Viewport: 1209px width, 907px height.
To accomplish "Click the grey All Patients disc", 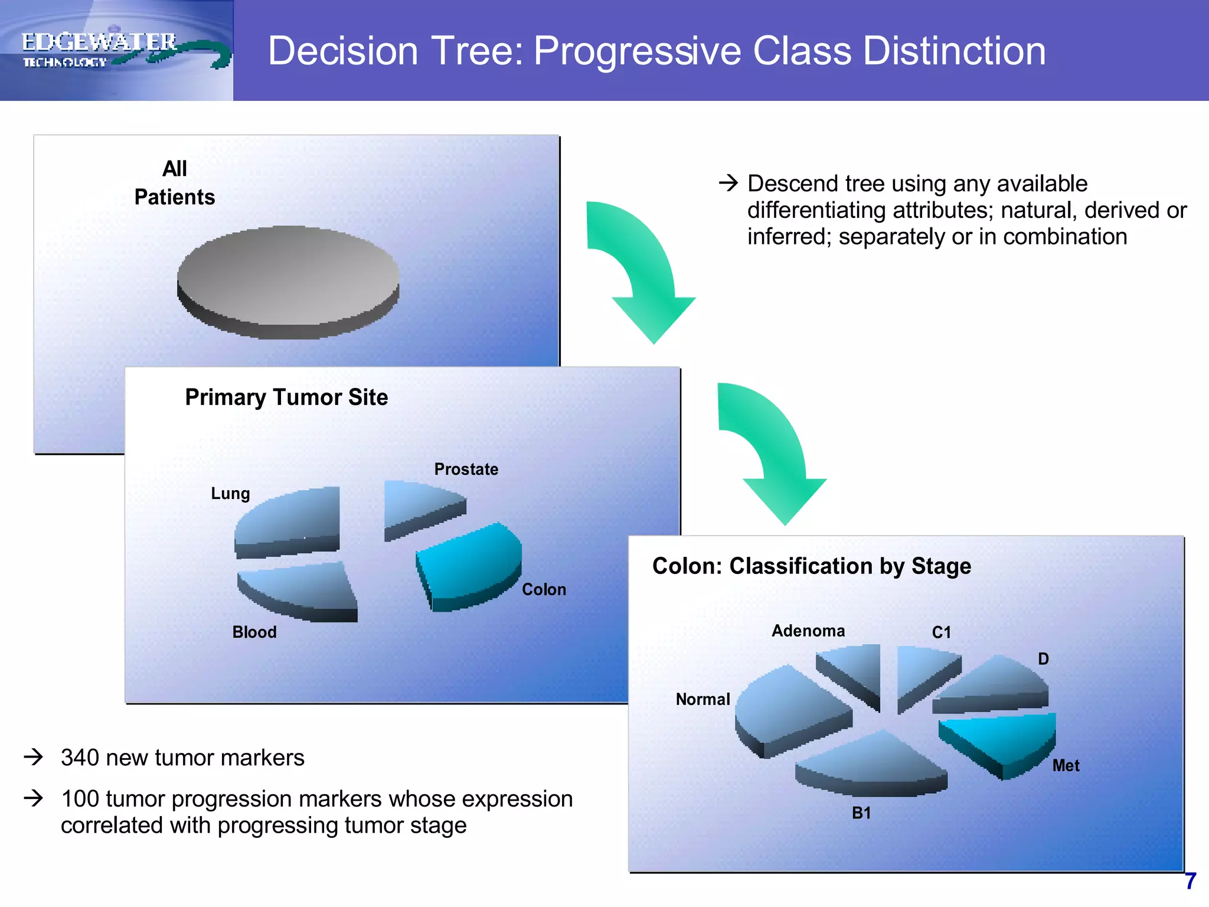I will pos(288,278).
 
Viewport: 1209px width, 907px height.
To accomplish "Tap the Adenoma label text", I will pos(808,631).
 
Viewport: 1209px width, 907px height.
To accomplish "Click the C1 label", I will pos(942,632).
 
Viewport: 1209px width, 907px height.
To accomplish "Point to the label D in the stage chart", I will pos(1043,659).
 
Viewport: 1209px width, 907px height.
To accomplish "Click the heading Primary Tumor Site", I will pos(286,397).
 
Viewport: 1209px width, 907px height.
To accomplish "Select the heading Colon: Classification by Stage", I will pos(811,566).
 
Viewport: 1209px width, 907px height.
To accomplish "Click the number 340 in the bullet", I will pos(80,758).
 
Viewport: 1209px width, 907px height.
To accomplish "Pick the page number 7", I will pos(1190,882).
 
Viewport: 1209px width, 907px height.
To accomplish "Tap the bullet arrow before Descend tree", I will pos(728,182).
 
